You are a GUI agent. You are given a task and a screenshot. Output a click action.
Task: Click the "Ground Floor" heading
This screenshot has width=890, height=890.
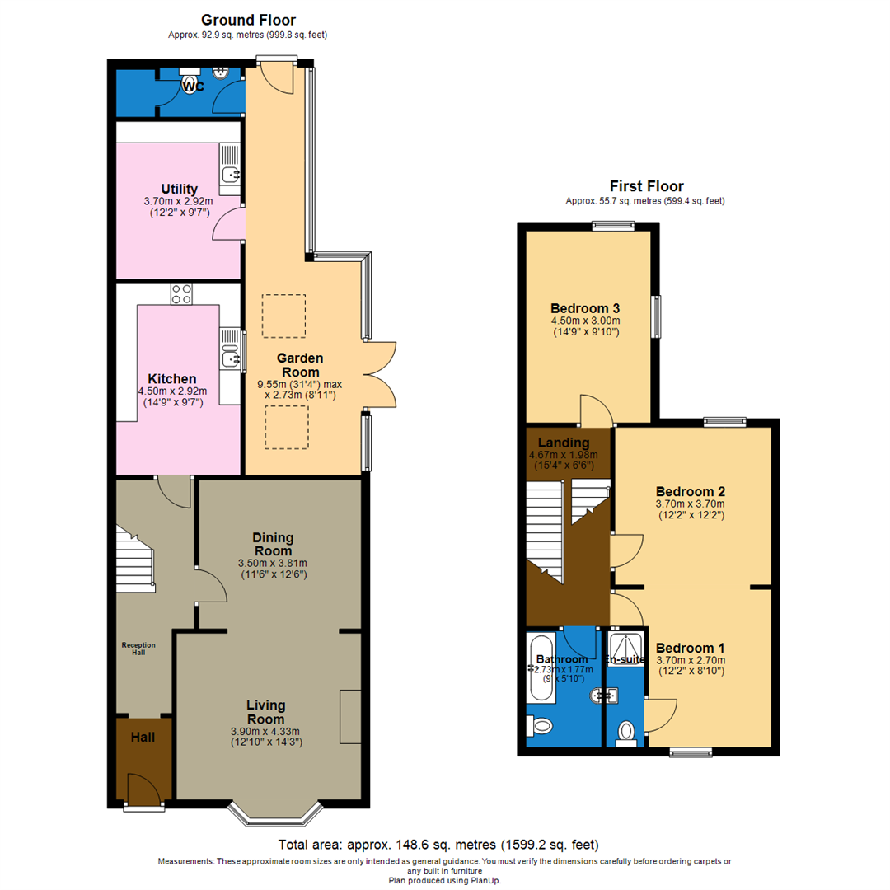point(248,20)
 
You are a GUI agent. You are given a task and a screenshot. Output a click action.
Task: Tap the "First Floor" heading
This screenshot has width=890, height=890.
point(646,186)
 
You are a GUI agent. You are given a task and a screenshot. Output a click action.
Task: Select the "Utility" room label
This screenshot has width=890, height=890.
point(179,190)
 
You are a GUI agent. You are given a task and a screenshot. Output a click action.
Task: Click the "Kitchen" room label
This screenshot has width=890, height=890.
point(172,378)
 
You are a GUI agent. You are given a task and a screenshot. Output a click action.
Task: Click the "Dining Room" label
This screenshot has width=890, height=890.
point(273,544)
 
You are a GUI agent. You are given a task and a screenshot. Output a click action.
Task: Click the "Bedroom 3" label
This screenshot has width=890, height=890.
point(585,308)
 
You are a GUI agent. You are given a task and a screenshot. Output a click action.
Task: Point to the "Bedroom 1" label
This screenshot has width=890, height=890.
point(690,647)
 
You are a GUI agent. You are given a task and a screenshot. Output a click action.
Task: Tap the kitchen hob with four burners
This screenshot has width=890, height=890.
point(180,294)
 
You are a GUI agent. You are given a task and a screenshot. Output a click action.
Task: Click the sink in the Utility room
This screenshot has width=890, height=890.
point(230,174)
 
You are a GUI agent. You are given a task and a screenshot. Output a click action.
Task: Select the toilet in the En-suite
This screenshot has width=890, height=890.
point(626,732)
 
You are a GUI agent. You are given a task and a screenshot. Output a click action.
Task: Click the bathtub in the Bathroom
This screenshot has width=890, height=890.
point(541,668)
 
